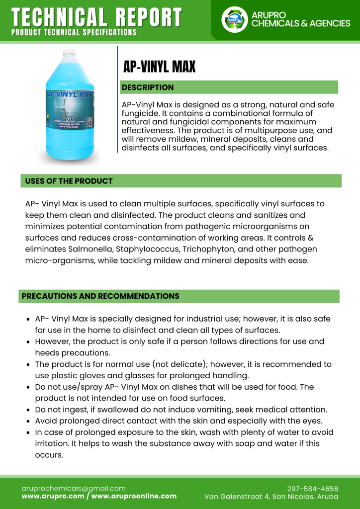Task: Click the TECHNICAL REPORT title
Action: (96, 17)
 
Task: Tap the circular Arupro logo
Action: (234, 20)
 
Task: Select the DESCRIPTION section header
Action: (148, 87)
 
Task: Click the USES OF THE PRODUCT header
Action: (69, 181)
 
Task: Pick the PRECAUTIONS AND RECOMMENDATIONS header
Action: (100, 296)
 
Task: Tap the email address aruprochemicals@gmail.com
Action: (74, 489)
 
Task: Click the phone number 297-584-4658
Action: (313, 489)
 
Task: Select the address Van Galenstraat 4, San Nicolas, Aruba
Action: (271, 497)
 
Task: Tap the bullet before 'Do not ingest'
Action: (29, 410)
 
